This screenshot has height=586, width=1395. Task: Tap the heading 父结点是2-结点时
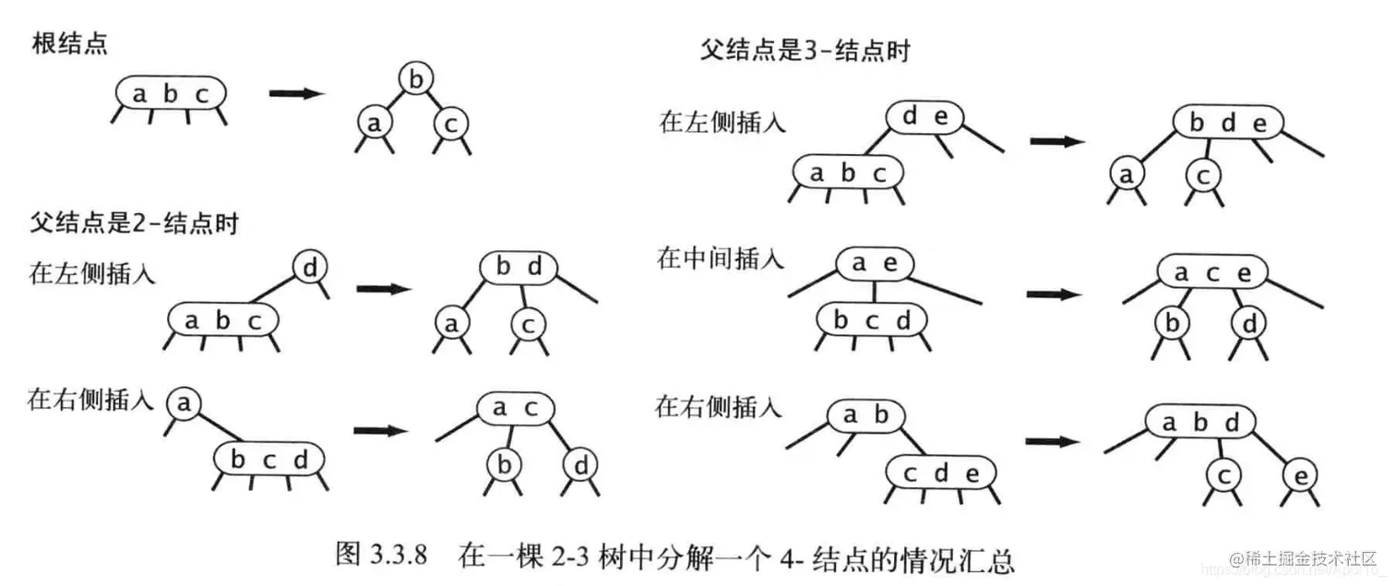133,222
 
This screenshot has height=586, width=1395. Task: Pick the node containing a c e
1212,272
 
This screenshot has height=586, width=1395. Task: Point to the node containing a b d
1199,423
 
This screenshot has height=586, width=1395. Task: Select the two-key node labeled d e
924,116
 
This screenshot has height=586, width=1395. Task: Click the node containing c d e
941,474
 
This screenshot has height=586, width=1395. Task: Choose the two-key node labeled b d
518,268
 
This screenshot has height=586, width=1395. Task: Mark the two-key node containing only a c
515,407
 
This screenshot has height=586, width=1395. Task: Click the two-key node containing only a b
864,415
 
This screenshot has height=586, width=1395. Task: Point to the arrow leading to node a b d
1053,441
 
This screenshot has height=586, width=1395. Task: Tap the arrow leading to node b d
382,288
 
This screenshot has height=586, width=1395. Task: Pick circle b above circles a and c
416,79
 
